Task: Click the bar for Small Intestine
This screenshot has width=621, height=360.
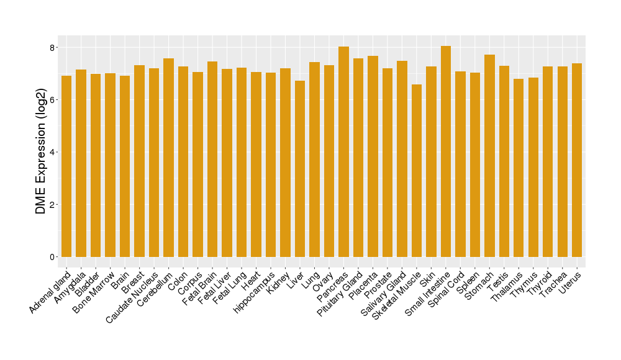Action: pos(446,151)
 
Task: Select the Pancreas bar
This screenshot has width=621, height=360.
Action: pos(343,151)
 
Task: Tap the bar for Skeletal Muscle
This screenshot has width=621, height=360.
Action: pos(417,171)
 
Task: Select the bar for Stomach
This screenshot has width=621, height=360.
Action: pos(489,156)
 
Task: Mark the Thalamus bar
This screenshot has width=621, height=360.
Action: pos(519,168)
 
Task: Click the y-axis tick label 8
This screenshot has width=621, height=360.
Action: pos(53,48)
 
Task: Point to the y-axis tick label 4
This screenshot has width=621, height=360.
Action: pos(53,152)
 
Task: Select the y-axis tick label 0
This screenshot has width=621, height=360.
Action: pos(53,257)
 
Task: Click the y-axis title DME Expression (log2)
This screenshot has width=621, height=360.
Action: pos(41,152)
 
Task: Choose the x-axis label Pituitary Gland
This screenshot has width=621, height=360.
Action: pos(340,293)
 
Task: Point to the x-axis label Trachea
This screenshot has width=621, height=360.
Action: pos(554,284)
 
